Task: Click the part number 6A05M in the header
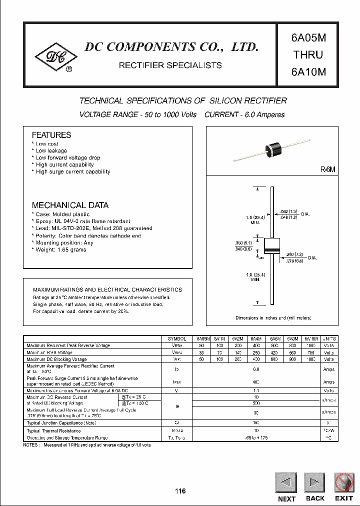[308, 38]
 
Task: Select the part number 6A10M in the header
[308, 71]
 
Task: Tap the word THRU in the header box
[308, 54]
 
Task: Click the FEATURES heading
[51, 135]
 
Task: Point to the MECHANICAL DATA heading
[70, 205]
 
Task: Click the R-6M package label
[327, 170]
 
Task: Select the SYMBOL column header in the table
[177, 338]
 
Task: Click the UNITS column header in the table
[329, 338]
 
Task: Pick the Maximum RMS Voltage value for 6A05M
[201, 352]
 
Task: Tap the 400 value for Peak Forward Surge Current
[256, 381]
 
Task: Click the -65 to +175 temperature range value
[256, 437]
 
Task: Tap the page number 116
[180, 491]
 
